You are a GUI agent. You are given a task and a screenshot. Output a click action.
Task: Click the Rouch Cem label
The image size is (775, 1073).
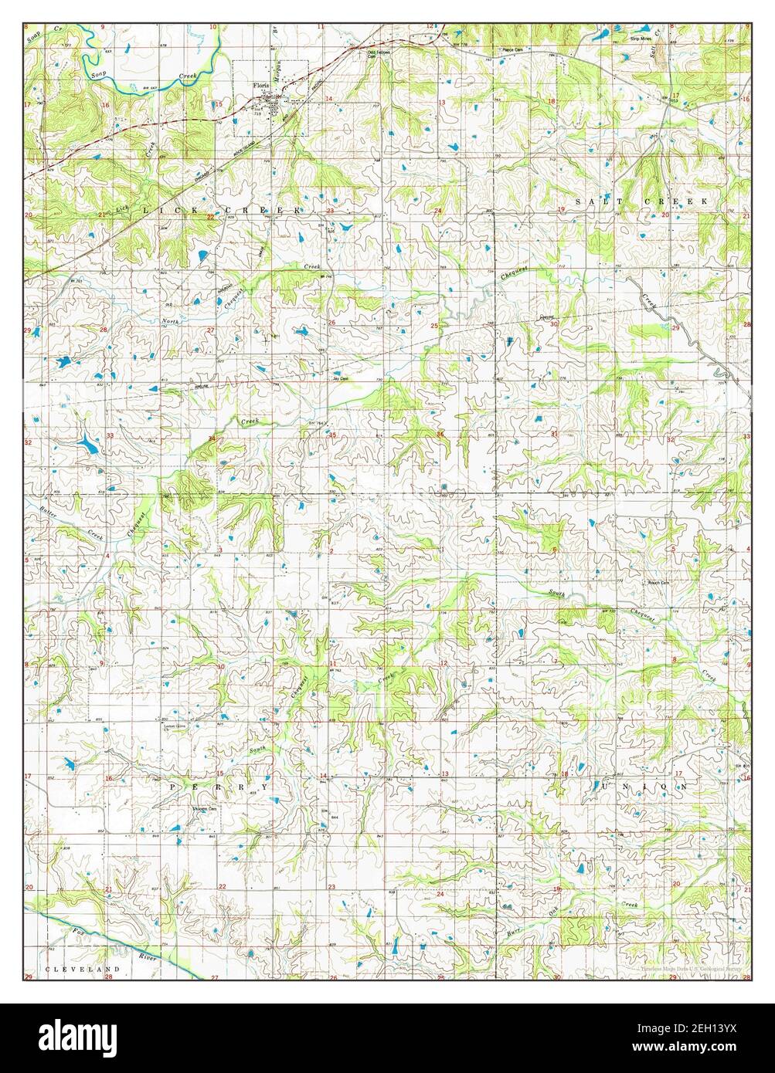[657, 582]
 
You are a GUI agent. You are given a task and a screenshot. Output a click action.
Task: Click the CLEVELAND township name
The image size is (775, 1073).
[83, 967]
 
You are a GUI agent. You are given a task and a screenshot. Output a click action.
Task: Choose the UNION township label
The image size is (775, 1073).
[641, 786]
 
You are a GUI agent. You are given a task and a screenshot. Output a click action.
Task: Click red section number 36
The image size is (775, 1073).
[440, 435]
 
